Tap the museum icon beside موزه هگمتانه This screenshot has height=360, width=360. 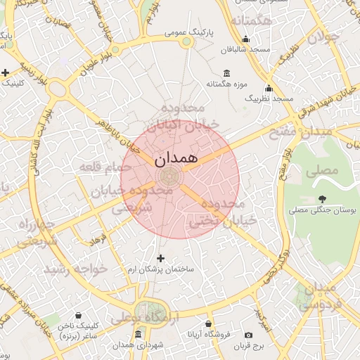tap(226, 73)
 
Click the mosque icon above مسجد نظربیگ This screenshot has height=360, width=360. tap(268, 89)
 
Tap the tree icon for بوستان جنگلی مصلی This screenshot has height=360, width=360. tap(322, 199)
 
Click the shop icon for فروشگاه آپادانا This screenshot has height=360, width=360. tap(209, 324)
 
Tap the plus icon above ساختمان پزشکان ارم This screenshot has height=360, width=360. tap(161, 258)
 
